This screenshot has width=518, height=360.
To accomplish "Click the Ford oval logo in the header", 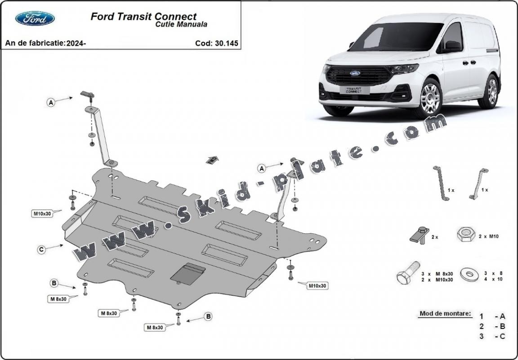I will click(x=35, y=18).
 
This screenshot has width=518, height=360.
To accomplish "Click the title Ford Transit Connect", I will click(x=143, y=17).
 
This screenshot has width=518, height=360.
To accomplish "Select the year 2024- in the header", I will click(x=76, y=44).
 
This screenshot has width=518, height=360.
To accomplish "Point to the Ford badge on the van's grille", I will click(x=356, y=73).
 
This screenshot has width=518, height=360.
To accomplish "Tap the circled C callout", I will click(x=41, y=250).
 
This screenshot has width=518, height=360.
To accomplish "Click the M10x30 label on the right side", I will click(x=317, y=285).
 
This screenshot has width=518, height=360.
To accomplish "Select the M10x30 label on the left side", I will click(x=42, y=213).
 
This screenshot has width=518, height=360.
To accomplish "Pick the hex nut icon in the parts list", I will click(x=466, y=235).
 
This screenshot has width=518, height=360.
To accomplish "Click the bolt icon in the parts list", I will click(x=408, y=272).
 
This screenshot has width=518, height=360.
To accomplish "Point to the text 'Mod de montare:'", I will click(x=446, y=313).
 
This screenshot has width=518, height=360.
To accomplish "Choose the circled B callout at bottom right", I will click(x=208, y=317).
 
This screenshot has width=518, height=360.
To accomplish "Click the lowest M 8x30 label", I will click(x=154, y=328).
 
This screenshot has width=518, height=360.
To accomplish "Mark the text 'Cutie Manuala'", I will click(x=182, y=25).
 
